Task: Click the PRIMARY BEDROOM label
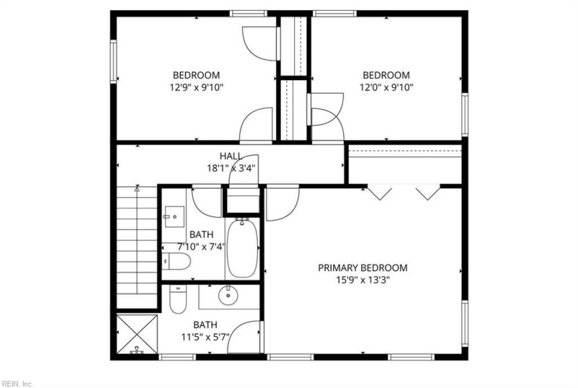tap(363, 268)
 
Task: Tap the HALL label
tap(231, 156)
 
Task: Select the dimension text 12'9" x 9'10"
tap(197, 87)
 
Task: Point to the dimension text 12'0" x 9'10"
tap(387, 87)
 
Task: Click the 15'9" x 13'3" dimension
tap(363, 280)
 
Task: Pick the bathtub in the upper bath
tap(242, 248)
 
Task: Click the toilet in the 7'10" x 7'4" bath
tap(176, 262)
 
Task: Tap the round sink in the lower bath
tap(228, 296)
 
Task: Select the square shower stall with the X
tap(137, 335)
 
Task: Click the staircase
tap(137, 247)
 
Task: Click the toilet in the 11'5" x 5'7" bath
tap(178, 298)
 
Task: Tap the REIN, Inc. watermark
tap(17, 384)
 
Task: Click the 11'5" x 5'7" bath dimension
tap(205, 337)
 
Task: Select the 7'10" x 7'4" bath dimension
tap(202, 246)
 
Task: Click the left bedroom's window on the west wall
tap(113, 61)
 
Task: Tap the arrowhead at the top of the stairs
tap(137, 189)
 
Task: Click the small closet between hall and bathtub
tap(242, 201)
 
